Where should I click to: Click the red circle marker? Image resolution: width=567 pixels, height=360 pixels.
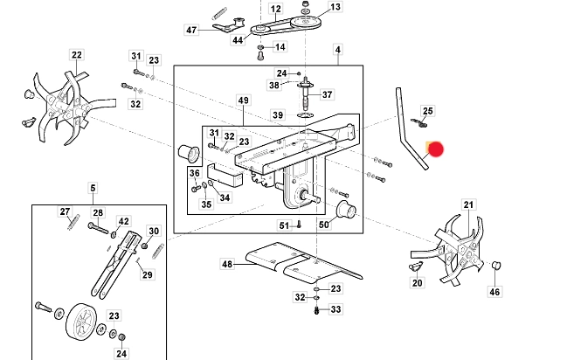pos(435,149)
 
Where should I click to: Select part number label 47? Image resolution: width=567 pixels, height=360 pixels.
pos(192,31)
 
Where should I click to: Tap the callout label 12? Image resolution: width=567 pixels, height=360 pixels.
pos(275,10)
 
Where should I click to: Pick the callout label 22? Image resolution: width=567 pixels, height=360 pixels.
pos(77,55)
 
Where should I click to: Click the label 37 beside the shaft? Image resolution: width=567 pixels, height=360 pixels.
pos(328,94)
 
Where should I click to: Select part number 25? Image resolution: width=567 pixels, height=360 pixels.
pos(427,111)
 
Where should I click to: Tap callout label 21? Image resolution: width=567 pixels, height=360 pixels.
pos(468,204)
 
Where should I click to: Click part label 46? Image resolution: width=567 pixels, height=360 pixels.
pos(494,292)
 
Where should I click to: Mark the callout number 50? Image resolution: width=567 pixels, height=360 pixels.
pos(324,225)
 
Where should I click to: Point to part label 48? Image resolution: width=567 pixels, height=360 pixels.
pos(227,264)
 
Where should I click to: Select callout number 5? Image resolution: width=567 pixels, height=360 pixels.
pos(93,187)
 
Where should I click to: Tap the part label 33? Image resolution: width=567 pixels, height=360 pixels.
pos(336,309)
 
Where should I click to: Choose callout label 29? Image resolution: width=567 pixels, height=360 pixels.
pos(147,275)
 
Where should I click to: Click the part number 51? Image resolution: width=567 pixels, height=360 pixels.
pos(284,226)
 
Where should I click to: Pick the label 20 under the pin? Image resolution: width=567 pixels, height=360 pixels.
pos(417,283)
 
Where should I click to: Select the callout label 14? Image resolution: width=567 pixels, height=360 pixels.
pos(280,46)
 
